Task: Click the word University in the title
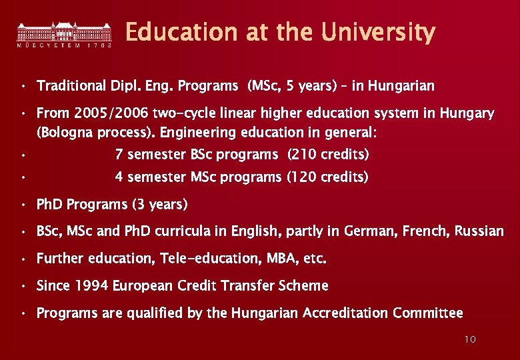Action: coord(378,32)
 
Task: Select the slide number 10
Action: coord(470,340)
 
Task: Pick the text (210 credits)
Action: coord(328,155)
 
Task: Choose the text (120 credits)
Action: coord(327,177)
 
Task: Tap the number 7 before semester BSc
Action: coord(119,155)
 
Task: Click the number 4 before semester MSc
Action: coord(119,177)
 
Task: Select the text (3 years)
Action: coord(160,204)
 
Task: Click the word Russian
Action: coord(479,231)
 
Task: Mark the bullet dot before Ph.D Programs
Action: coord(23,204)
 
